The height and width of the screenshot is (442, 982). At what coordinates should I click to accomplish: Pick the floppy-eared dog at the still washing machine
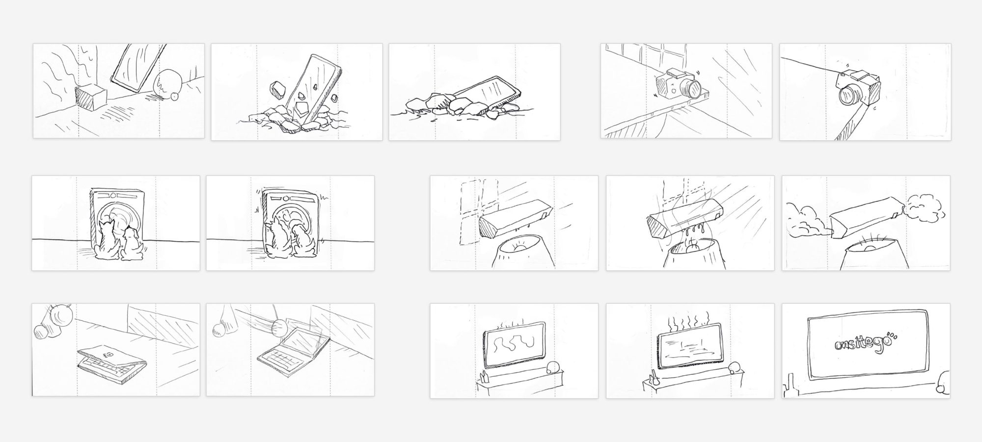(x=132, y=244)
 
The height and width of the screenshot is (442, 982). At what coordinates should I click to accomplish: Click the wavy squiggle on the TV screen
(x=514, y=343)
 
